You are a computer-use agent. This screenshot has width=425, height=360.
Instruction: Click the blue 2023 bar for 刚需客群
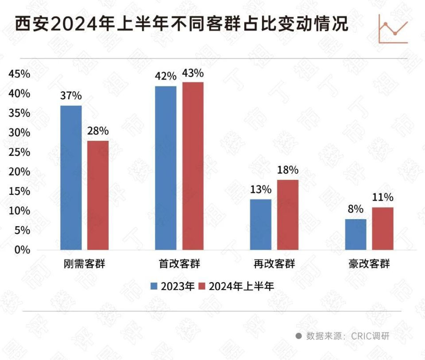(x=71, y=178)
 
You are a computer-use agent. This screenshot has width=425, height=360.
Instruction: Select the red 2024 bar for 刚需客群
(x=98, y=195)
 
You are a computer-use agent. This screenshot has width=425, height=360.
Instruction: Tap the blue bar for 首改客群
(x=166, y=168)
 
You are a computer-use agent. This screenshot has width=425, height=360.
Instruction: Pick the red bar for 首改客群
(x=193, y=166)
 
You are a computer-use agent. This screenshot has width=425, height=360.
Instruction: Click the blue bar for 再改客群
(x=260, y=225)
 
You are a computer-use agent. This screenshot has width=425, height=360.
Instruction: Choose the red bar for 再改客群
(x=288, y=215)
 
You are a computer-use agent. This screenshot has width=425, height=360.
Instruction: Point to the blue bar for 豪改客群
(x=355, y=234)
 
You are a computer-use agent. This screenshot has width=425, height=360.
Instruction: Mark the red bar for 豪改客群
(x=382, y=228)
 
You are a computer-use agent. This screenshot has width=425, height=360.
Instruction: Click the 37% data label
(x=71, y=96)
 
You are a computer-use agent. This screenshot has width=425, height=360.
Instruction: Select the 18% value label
(x=288, y=170)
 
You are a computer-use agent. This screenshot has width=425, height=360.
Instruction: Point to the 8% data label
(x=355, y=209)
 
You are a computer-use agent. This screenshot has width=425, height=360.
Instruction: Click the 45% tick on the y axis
(x=19, y=74)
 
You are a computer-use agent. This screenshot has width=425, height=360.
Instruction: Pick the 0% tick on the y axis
(x=21, y=250)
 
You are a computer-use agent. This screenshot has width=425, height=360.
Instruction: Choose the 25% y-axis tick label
(x=19, y=152)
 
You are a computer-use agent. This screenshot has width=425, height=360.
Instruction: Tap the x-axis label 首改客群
(x=179, y=265)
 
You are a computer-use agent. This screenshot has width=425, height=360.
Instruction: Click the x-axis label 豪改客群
(x=369, y=265)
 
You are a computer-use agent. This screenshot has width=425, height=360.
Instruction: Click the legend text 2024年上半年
(x=241, y=286)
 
